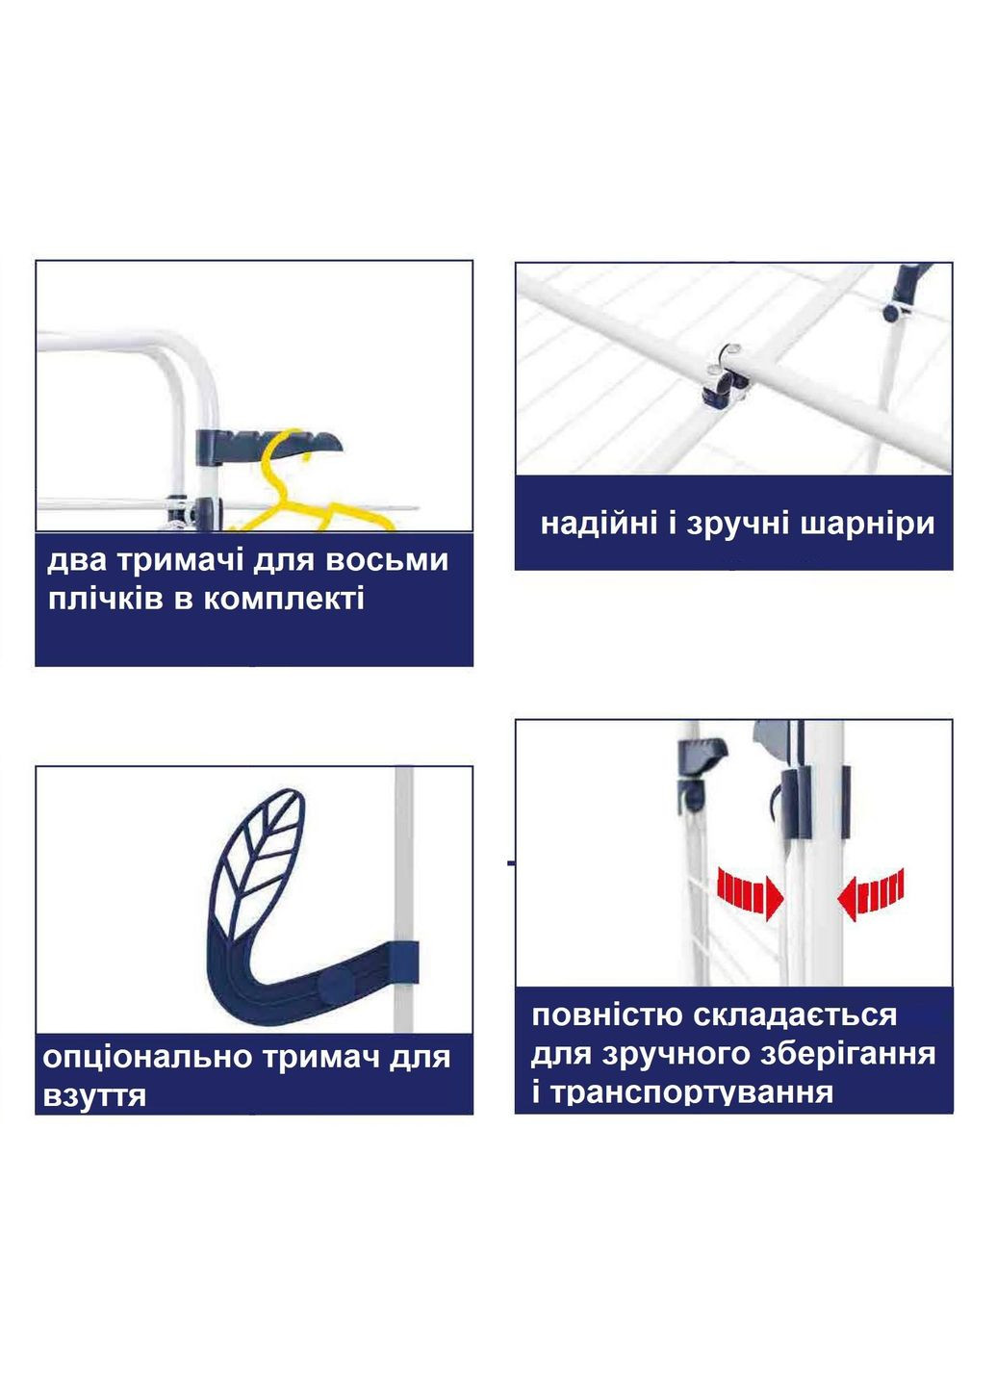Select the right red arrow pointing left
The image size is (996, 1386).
click(x=871, y=892)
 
